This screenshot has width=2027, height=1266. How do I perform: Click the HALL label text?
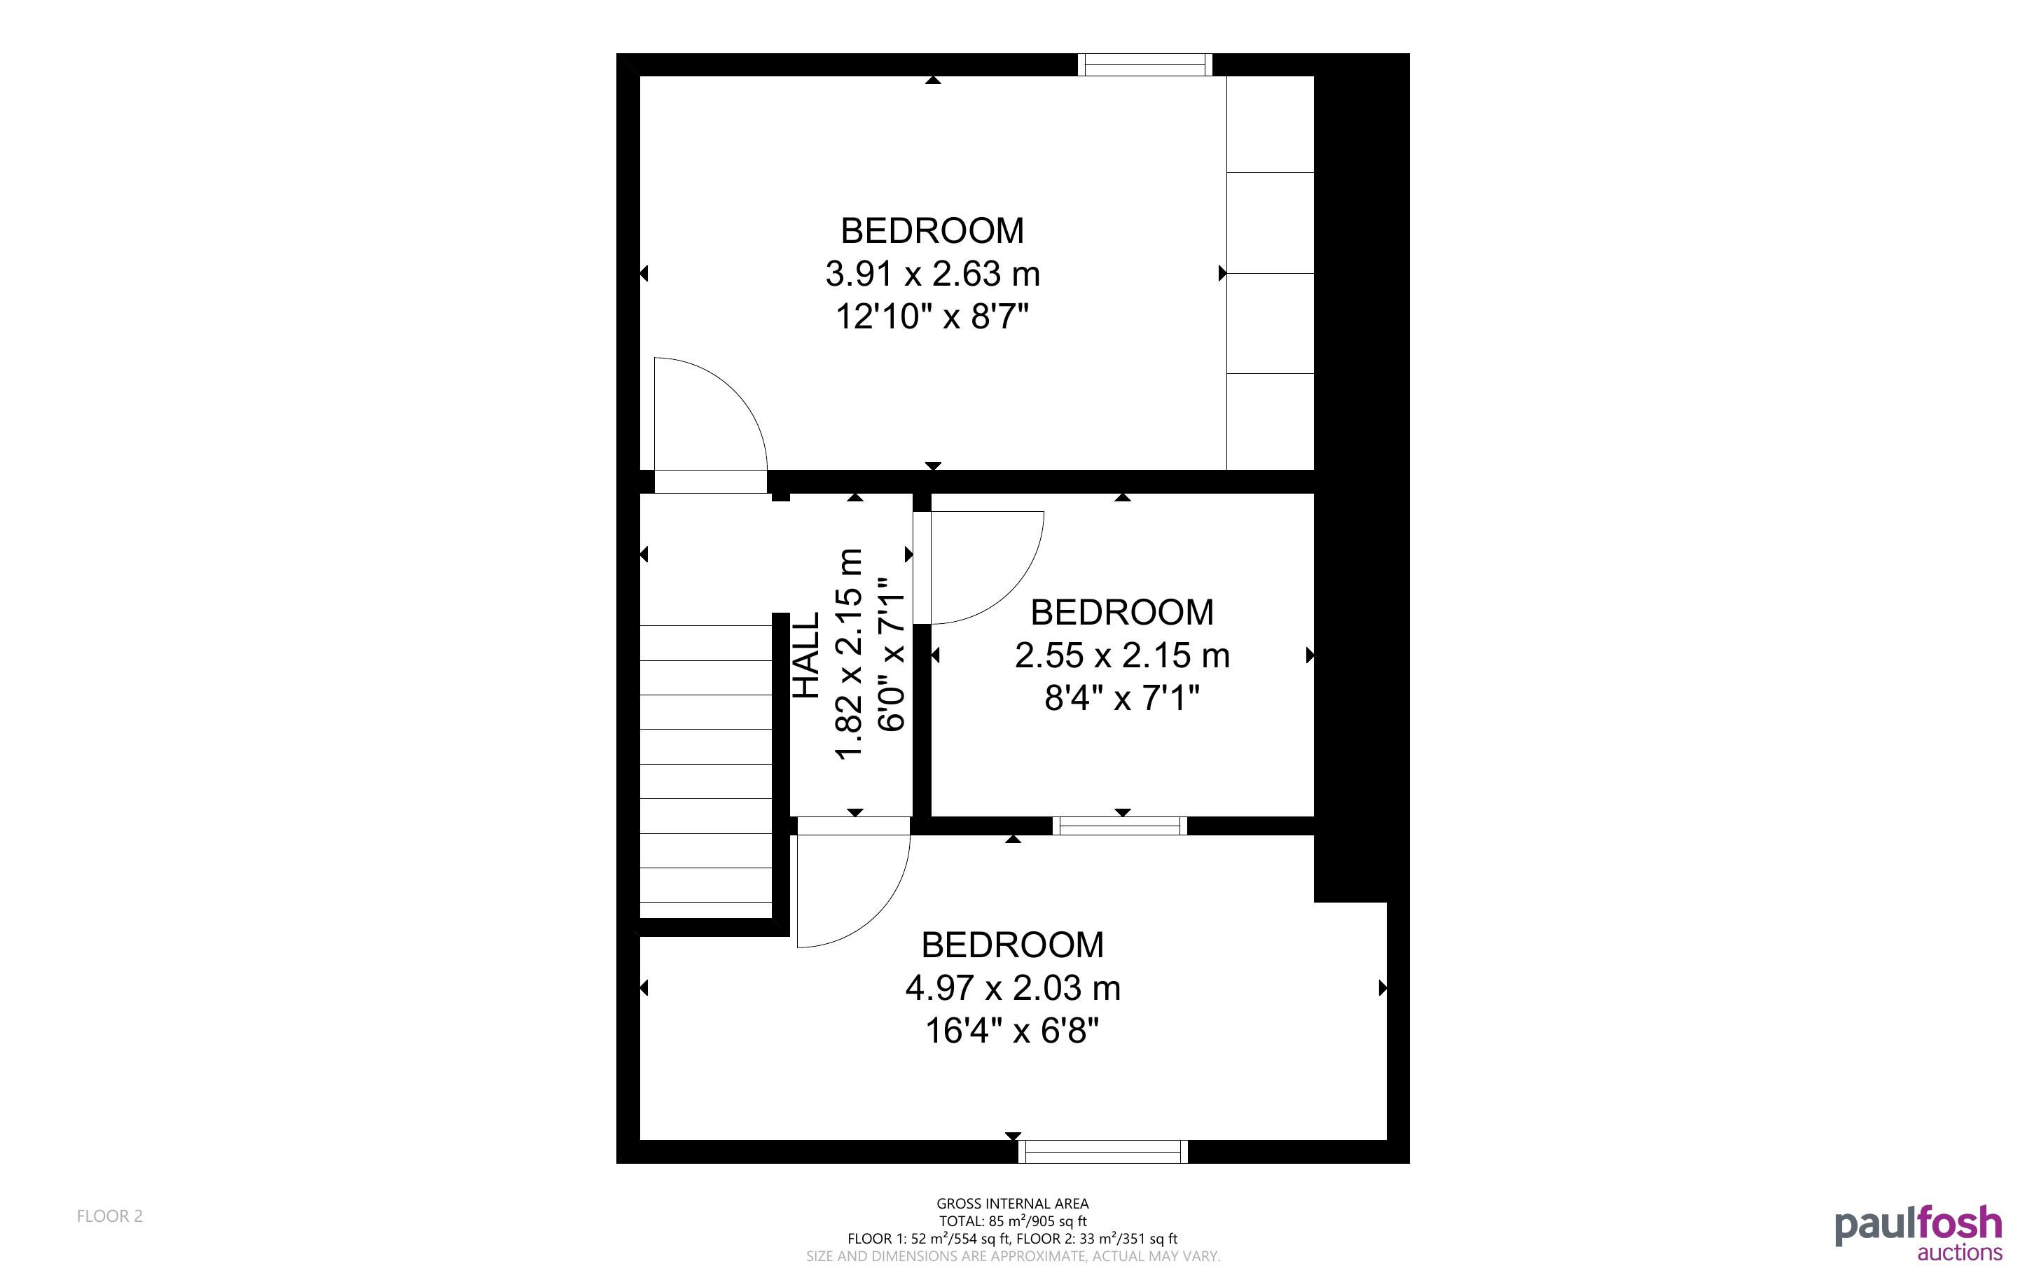click(805, 655)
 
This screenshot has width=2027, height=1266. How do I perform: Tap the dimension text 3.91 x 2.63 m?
click(933, 274)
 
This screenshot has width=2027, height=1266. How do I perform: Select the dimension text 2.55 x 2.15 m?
click(1122, 655)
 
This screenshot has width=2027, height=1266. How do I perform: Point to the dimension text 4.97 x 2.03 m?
click(1012, 988)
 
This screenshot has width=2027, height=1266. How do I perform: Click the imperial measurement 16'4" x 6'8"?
click(1011, 1031)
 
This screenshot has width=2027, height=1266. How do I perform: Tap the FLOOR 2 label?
click(110, 1216)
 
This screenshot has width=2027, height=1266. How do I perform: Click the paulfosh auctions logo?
click(1918, 1234)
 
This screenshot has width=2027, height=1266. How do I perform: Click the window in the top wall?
click(1144, 64)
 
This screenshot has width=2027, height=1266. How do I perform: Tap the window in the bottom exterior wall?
click(1102, 1151)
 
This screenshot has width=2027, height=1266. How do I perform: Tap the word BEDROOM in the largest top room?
click(932, 230)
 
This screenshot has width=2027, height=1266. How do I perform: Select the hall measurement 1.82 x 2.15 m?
click(849, 655)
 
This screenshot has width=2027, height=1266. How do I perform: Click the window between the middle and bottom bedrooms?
click(1119, 826)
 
